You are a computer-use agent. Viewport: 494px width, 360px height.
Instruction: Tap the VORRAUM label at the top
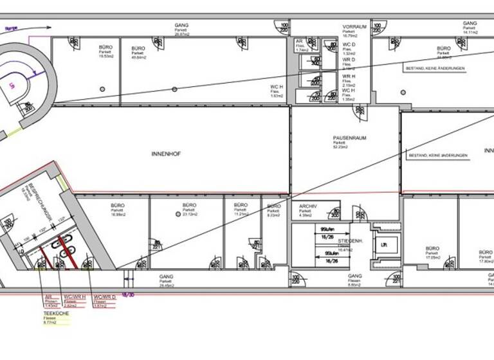coord(354,27)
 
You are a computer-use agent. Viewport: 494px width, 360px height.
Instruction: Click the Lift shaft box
coord(384,245)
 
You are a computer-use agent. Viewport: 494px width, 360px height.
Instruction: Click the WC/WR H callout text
coord(73,297)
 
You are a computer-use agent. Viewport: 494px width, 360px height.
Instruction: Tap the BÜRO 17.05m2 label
coord(432,249)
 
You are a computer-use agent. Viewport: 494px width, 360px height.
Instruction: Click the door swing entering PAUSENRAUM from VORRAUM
coord(361,113)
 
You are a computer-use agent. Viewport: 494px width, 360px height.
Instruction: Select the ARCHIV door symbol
coord(334,212)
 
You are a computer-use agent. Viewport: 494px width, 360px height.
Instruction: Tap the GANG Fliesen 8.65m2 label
coord(356,279)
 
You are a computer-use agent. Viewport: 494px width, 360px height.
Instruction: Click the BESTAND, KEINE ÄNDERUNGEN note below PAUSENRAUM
coord(438,156)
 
